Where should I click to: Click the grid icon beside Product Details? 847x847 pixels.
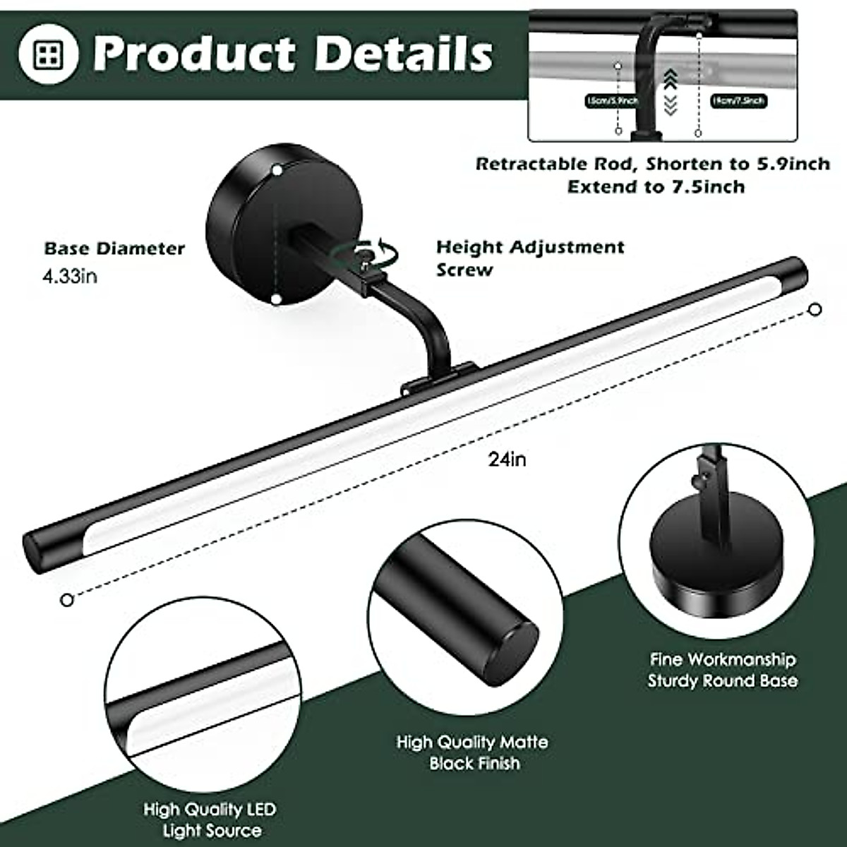pyautogui.click(x=49, y=54)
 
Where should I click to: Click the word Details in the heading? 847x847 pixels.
pyautogui.click(x=404, y=54)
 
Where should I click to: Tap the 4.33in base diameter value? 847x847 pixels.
pyautogui.click(x=70, y=276)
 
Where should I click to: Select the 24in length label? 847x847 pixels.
pyautogui.click(x=507, y=459)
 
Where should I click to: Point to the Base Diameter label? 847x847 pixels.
pyautogui.click(x=114, y=248)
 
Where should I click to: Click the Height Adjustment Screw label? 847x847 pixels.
pyautogui.click(x=529, y=258)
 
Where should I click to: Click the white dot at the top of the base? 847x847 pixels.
pyautogui.click(x=277, y=170)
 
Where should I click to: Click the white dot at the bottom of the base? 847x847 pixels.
pyautogui.click(x=275, y=299)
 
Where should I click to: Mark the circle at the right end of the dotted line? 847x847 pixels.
pyautogui.click(x=815, y=309)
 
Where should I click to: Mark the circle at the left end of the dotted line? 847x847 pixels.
pyautogui.click(x=67, y=599)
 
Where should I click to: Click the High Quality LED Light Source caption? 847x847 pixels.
pyautogui.click(x=210, y=819)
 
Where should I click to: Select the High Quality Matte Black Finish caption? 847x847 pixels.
pyautogui.click(x=472, y=752)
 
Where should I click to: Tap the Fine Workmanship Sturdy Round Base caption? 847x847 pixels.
pyautogui.click(x=723, y=670)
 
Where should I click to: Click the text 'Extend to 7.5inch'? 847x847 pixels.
pyautogui.click(x=656, y=187)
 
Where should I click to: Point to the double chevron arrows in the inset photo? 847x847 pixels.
pyautogui.click(x=670, y=92)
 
